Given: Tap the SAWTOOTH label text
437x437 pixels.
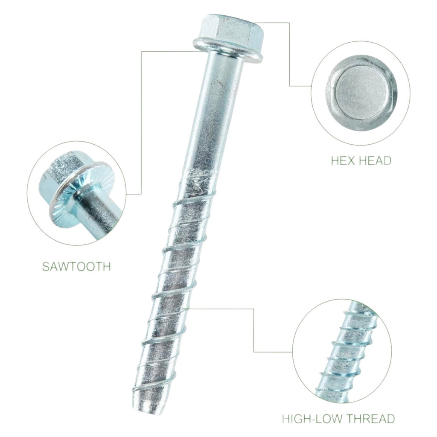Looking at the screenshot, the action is [76, 266].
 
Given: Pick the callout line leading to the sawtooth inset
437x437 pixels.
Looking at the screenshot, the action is [141, 122].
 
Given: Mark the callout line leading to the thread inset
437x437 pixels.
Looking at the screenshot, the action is [253, 330].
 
